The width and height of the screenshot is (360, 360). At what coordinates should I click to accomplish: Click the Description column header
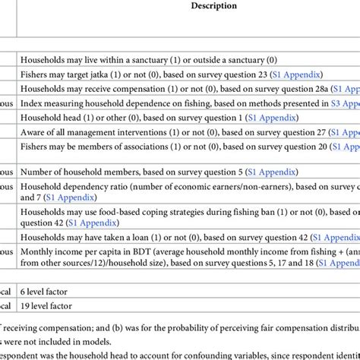click(x=214, y=5)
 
